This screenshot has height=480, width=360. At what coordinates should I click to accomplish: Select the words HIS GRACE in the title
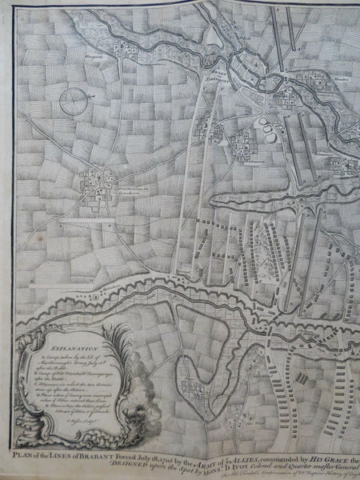click(x=330, y=452)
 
